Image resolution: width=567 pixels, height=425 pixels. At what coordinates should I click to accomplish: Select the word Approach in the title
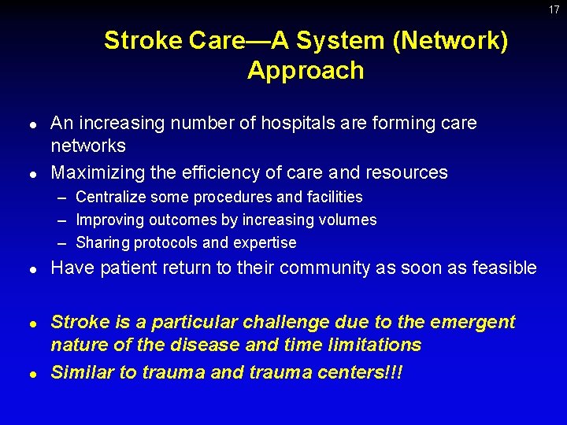click(x=306, y=71)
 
